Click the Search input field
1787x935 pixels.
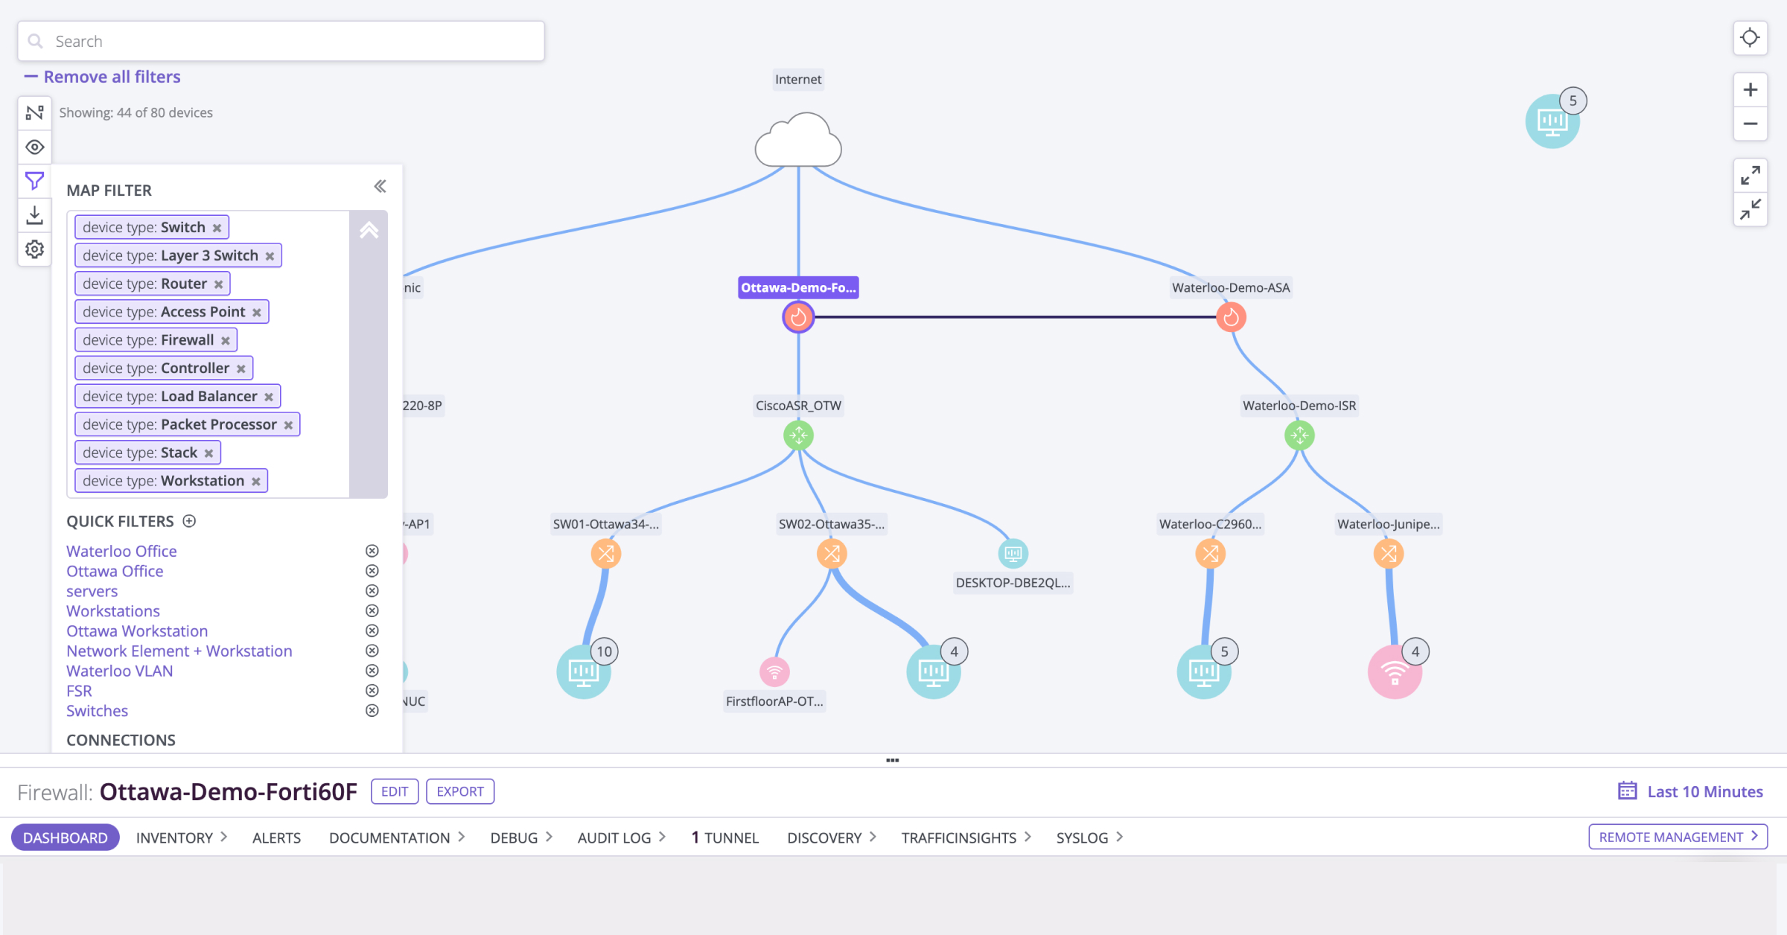[281, 41]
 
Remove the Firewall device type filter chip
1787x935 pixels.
[226, 340]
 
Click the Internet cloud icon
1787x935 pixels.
[798, 141]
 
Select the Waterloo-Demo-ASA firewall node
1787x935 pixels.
[1231, 317]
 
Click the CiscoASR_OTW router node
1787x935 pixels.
[798, 435]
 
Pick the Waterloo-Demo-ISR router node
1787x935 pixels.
[1299, 435]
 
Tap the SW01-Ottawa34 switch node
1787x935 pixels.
[606, 554]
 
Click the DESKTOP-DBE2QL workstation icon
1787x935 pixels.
[1013, 553]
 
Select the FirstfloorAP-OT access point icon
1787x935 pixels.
[774, 672]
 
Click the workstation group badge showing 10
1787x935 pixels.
[604, 651]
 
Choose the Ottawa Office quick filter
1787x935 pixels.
[115, 571]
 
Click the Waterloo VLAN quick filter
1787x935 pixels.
[119, 671]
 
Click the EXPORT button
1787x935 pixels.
[460, 791]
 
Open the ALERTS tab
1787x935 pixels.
[276, 837]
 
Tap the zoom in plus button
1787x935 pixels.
[1751, 90]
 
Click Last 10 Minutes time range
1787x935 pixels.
[1691, 791]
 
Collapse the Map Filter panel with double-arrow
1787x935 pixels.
[380, 186]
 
